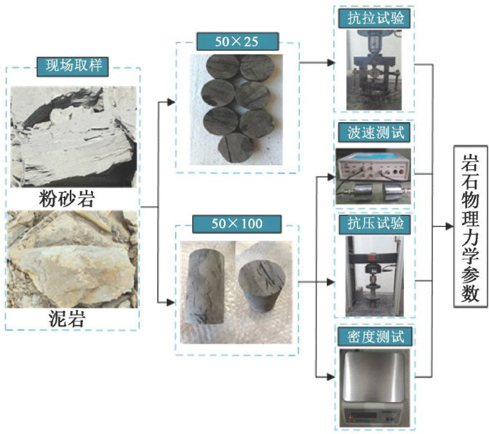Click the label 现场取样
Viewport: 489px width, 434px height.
(x=73, y=67)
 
